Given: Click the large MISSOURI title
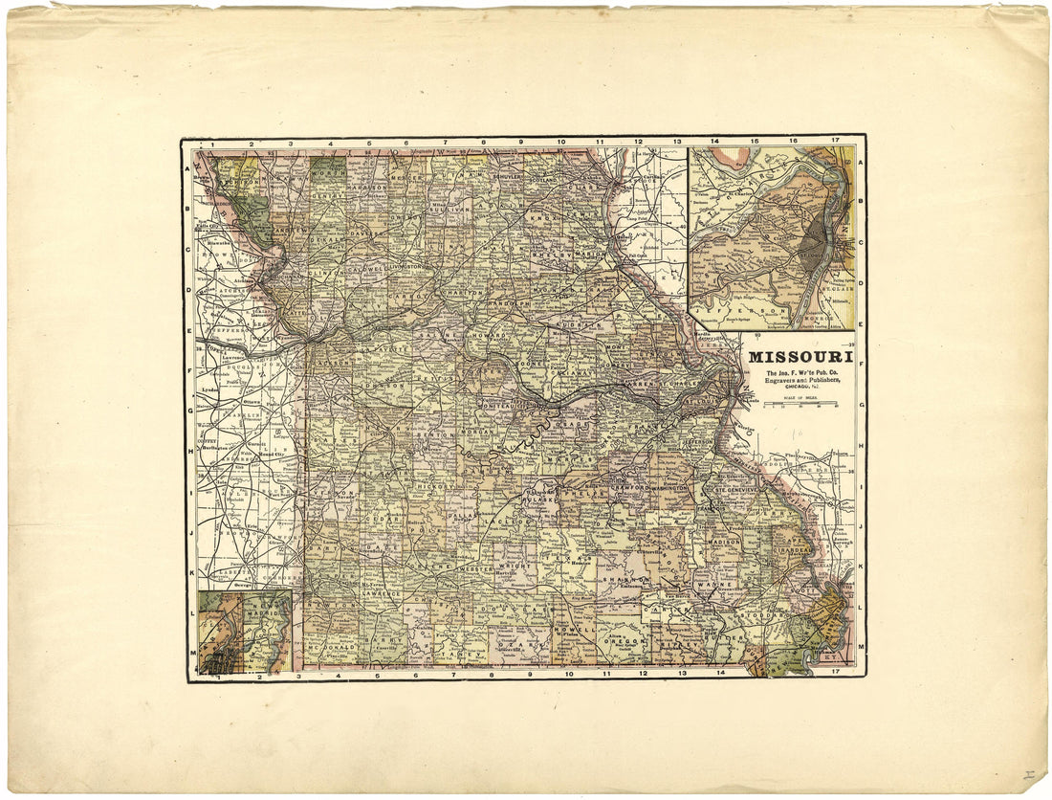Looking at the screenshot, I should pos(795,357).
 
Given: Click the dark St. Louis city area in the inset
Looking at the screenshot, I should pos(815,244).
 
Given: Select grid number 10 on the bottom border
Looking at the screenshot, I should pos(567,675).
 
